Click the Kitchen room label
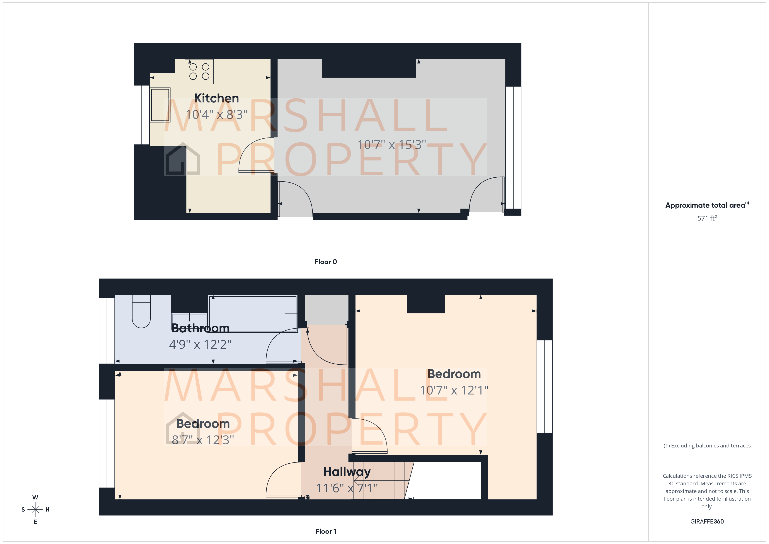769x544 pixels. pos(216,98)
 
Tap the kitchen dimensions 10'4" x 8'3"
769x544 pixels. pos(216,115)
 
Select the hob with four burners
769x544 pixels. pos(199,71)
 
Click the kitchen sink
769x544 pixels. pos(160,105)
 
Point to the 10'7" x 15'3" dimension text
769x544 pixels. pos(391,145)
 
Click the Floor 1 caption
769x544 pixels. pos(326,531)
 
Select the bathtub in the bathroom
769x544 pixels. pos(253,314)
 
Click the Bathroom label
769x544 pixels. pos(200,328)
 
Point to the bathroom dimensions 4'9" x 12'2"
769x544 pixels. pos(200,344)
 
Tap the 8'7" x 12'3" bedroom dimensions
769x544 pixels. pos(203,440)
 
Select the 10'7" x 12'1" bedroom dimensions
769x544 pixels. pos(454,390)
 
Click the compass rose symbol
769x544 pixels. pos(35,510)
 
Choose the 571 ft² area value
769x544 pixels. pos(707,218)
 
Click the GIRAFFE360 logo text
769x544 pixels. pos(707,521)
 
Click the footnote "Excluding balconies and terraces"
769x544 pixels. pos(707,445)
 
